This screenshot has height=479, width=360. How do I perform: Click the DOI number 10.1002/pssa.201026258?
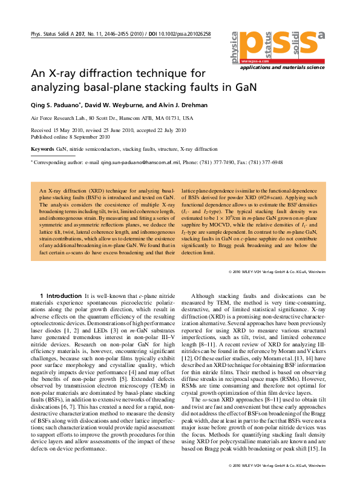coord(183,34)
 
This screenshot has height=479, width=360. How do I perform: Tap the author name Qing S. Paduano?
coord(57,105)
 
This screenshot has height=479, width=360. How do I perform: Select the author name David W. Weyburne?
coord(122,105)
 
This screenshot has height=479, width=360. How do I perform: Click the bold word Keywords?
coord(42,148)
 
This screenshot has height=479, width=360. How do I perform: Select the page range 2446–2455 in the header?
coord(117,34)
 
